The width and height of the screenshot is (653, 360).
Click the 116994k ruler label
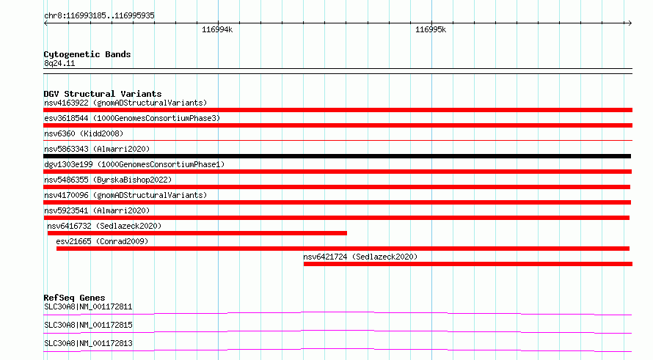tap(217, 29)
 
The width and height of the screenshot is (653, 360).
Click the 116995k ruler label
tap(431, 29)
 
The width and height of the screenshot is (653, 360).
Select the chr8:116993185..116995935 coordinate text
tap(99, 15)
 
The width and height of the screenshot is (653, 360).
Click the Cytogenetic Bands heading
tap(87, 54)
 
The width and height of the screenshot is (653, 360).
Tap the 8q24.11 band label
tap(59, 63)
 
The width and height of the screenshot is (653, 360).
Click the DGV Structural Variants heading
tap(103, 94)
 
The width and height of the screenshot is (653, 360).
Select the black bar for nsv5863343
tap(337, 156)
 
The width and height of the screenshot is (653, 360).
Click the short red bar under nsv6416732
tap(197, 233)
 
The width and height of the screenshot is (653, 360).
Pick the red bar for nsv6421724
tap(467, 264)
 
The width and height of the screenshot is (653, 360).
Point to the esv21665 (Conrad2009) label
tap(102, 241)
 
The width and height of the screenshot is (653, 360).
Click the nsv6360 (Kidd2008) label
tap(84, 133)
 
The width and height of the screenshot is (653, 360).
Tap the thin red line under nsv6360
tap(338, 140)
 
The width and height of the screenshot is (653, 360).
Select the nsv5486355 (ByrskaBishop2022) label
tap(108, 180)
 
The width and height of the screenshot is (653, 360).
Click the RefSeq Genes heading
tap(74, 298)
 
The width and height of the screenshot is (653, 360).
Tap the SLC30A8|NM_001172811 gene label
tap(88, 306)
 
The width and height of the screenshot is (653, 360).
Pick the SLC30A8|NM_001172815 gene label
tap(88, 325)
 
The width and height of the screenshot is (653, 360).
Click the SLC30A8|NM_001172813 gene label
tap(88, 343)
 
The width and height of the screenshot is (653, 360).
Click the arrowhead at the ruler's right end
tap(630, 23)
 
